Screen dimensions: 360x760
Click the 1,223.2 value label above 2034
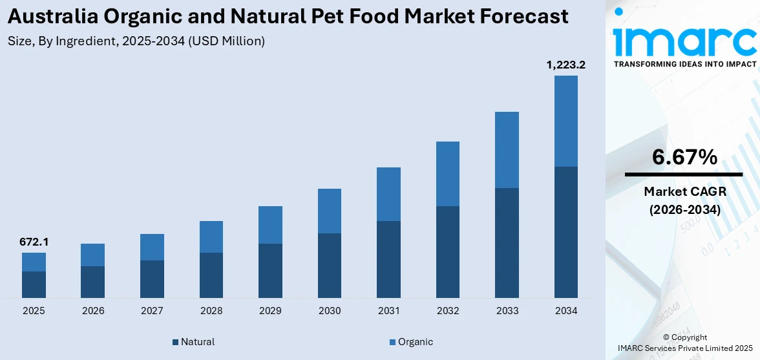[x=565, y=65]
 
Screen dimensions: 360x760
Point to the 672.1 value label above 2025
[x=34, y=242]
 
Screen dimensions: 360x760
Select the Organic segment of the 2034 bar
[x=565, y=121]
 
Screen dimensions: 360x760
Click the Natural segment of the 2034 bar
[x=565, y=232]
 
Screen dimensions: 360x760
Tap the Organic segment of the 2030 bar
[x=330, y=211]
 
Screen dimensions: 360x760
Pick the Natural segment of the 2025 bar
[x=34, y=284]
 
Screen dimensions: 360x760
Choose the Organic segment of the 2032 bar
[x=448, y=174]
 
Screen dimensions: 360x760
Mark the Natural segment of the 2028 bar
[x=211, y=275]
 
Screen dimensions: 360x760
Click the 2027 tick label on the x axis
[x=152, y=311]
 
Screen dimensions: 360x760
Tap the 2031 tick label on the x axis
[x=388, y=311]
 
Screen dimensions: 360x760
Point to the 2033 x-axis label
[x=507, y=311]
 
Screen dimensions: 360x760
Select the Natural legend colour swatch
[x=176, y=342]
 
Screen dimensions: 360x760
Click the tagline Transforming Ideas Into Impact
[x=684, y=64]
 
